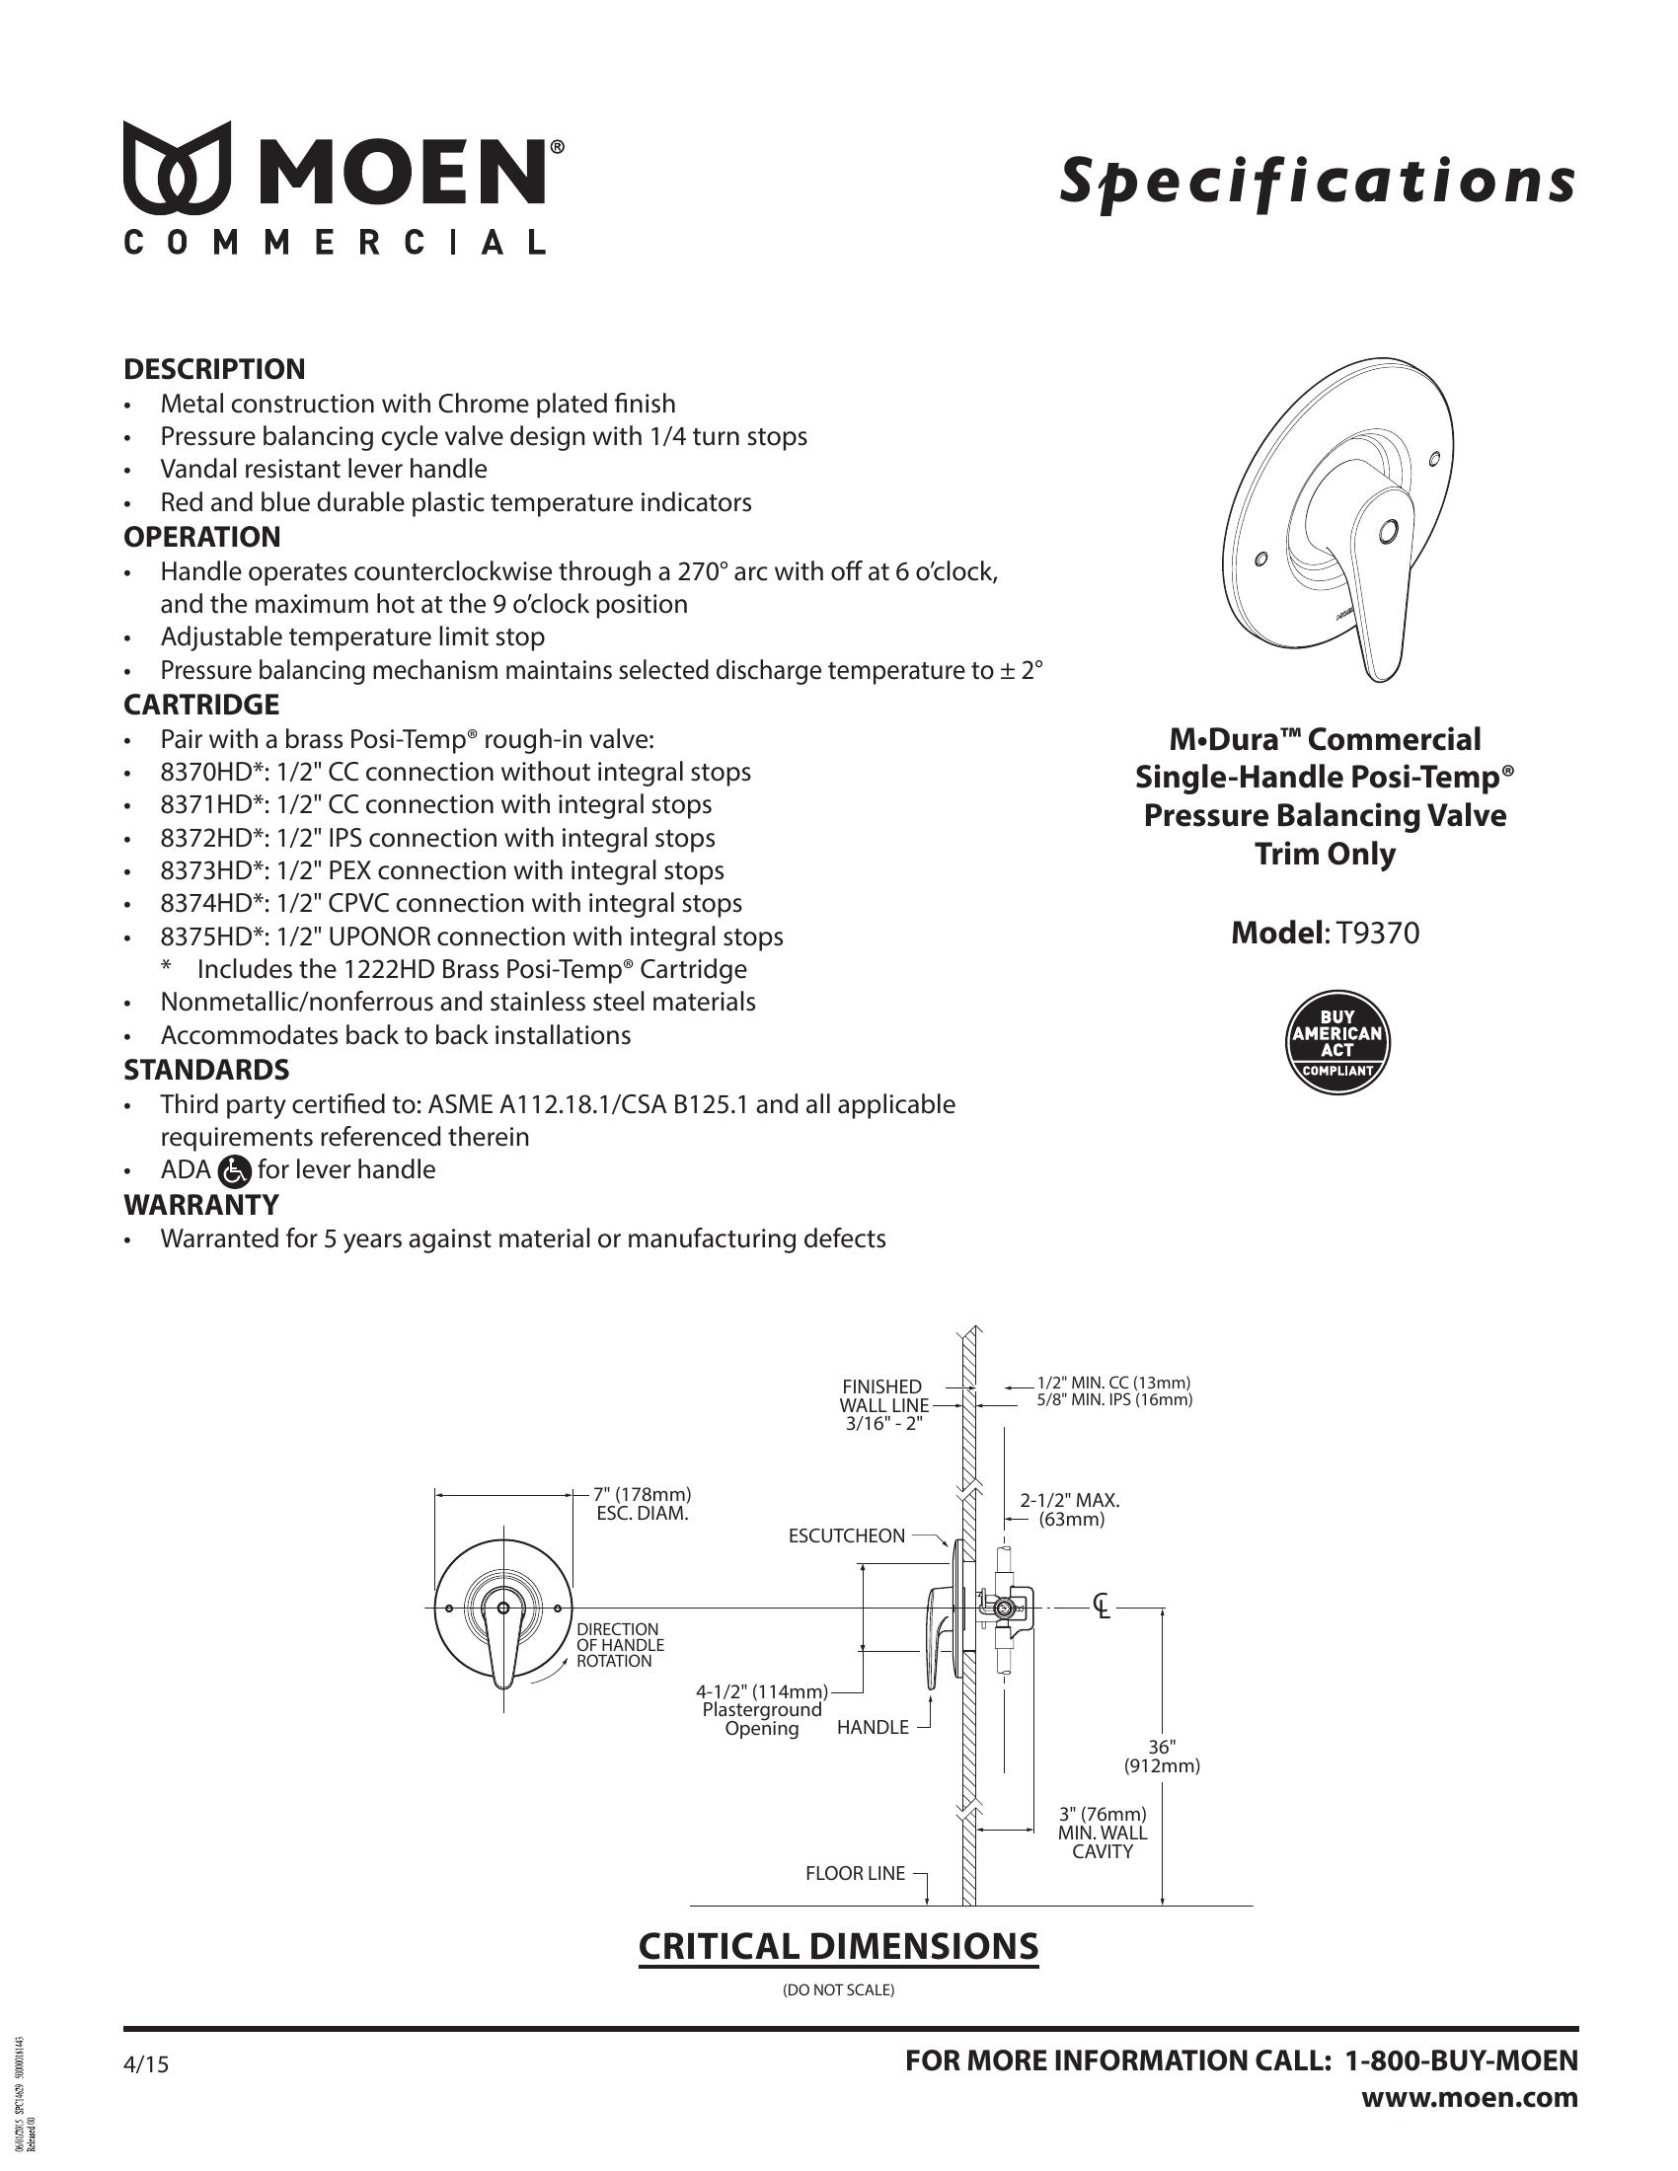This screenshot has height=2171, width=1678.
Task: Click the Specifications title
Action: pos(1316,181)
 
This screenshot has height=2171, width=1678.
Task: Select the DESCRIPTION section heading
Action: pos(214,369)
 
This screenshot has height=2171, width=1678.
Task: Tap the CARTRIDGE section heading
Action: pos(200,705)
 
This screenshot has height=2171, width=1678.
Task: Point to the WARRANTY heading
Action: pos(200,1204)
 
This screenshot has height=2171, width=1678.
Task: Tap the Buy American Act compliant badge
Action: pos(1337,1044)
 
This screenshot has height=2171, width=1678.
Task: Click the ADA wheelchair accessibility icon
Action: pos(234,1171)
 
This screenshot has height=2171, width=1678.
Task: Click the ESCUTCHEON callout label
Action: pos(846,1535)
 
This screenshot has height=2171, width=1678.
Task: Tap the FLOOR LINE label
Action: pos(855,1874)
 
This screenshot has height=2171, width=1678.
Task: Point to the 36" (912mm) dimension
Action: pos(1162,1758)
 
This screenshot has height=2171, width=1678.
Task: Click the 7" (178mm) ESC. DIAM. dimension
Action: pos(642,1504)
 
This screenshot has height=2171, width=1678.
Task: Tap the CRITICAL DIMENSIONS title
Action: pos(837,1946)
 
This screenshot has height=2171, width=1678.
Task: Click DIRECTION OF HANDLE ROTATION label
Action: pos(619,1645)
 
